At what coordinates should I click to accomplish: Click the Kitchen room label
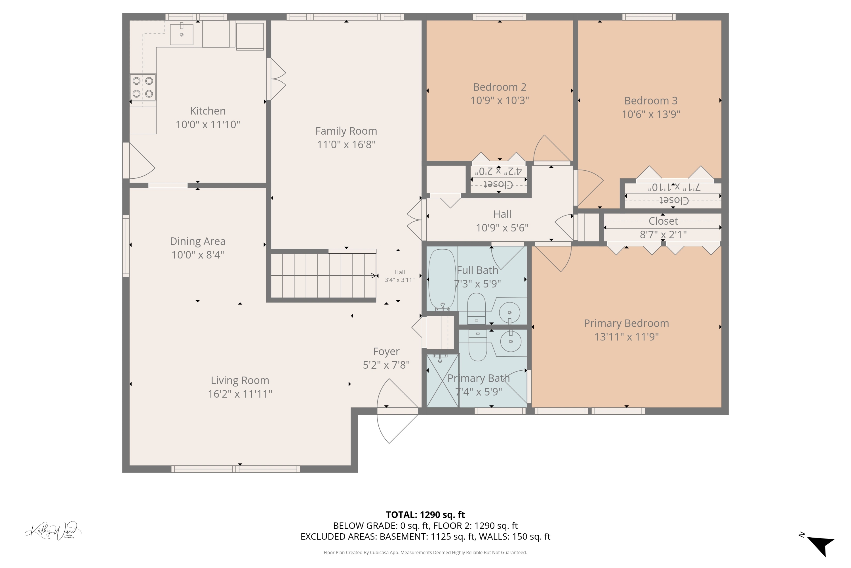click(x=208, y=111)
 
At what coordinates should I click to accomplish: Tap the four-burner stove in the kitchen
click(x=143, y=87)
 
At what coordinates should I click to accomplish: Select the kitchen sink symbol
click(x=182, y=34)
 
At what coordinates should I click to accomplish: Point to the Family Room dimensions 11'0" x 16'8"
click(x=346, y=145)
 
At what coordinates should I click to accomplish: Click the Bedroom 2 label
click(x=499, y=87)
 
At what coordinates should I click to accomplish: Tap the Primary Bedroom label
click(x=626, y=323)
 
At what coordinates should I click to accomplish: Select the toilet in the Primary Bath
click(x=478, y=346)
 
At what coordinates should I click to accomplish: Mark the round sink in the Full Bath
click(x=509, y=312)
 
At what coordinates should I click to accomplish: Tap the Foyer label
click(x=386, y=351)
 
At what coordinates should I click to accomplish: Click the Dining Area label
click(x=197, y=241)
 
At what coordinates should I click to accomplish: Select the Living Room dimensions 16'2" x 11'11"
click(x=240, y=394)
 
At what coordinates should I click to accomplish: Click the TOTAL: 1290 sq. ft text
click(x=425, y=515)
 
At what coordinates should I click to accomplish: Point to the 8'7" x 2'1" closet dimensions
click(x=663, y=235)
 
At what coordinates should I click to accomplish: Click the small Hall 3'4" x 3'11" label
click(x=399, y=276)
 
